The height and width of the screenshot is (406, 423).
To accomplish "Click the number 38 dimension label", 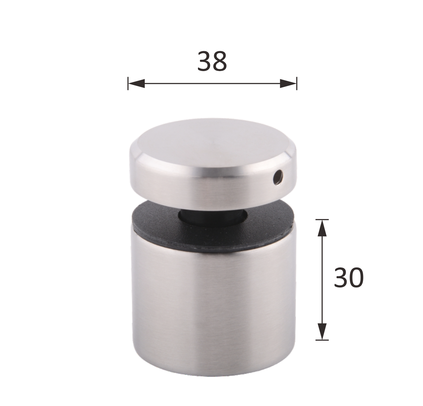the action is pos(212,61).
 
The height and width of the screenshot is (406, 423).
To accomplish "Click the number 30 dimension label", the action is pos(349,278).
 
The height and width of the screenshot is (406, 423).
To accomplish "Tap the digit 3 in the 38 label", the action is pos(204,61).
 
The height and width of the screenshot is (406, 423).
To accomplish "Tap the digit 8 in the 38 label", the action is pos(220,61).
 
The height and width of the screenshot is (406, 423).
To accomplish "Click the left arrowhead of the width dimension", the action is pos(137,83).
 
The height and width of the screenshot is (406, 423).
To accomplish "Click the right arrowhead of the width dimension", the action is pos(288,83).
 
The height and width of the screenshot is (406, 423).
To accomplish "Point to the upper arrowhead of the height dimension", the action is pos(322,228).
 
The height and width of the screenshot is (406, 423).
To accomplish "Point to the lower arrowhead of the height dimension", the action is pos(322,331).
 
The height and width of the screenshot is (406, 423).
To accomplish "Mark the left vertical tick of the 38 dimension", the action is pos(128,83).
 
